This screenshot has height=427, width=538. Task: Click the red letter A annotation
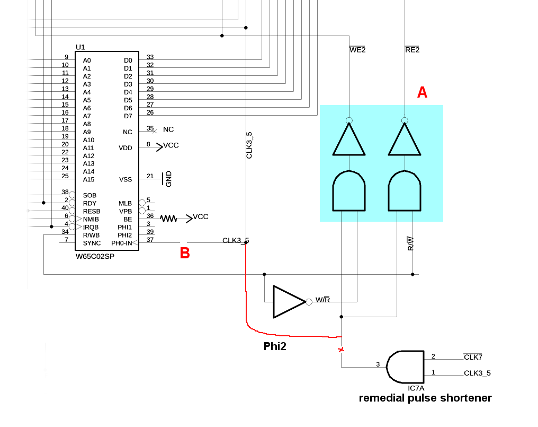click(422, 93)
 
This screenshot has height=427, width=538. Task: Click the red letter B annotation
click(185, 253)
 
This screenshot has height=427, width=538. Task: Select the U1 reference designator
click(80, 47)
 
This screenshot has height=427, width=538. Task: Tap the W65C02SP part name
click(95, 256)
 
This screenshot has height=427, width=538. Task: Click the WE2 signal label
click(357, 50)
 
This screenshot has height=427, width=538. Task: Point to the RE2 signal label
click(412, 50)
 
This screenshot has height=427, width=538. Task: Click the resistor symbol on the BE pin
click(168, 217)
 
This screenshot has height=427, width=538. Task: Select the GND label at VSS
click(168, 179)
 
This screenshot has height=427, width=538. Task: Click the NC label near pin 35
click(168, 129)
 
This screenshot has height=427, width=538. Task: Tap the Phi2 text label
click(275, 346)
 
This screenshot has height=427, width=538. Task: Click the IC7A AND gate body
click(406, 367)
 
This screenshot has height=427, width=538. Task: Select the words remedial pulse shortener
click(425, 398)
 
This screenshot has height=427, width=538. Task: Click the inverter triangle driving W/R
click(288, 302)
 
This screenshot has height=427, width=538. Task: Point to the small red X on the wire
click(341, 350)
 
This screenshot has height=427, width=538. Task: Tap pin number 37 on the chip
click(150, 240)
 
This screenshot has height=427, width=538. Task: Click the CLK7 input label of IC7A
click(473, 357)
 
